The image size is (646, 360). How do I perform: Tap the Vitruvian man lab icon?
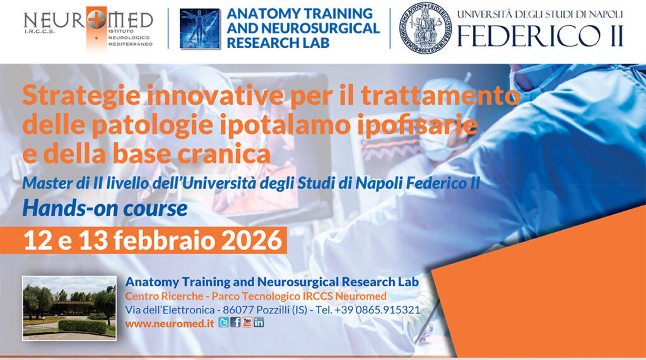(201, 28)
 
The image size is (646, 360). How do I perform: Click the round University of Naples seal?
(425, 27)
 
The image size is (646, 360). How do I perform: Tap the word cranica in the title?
(223, 153)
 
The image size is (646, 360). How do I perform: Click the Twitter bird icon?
(224, 322)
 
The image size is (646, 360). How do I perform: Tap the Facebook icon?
(235, 322)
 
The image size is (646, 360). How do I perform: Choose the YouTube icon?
(247, 322)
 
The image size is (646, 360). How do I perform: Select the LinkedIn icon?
(259, 322)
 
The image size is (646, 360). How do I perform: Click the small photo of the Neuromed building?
(69, 308)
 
